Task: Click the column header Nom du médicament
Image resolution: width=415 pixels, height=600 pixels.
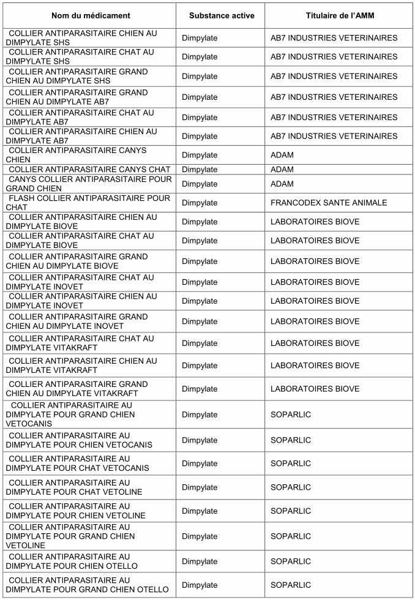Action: tap(89, 15)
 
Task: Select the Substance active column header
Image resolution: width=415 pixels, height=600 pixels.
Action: tap(220, 15)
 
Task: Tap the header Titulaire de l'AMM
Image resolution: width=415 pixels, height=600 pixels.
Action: tap(339, 15)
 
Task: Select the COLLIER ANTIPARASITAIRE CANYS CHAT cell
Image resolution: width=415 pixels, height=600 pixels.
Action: tap(89, 170)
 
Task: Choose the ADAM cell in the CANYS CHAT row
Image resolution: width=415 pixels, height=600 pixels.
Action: tap(282, 170)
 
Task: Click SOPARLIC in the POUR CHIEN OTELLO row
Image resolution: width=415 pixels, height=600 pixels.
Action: tap(291, 561)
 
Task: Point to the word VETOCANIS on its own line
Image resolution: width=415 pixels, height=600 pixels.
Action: tap(31, 424)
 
